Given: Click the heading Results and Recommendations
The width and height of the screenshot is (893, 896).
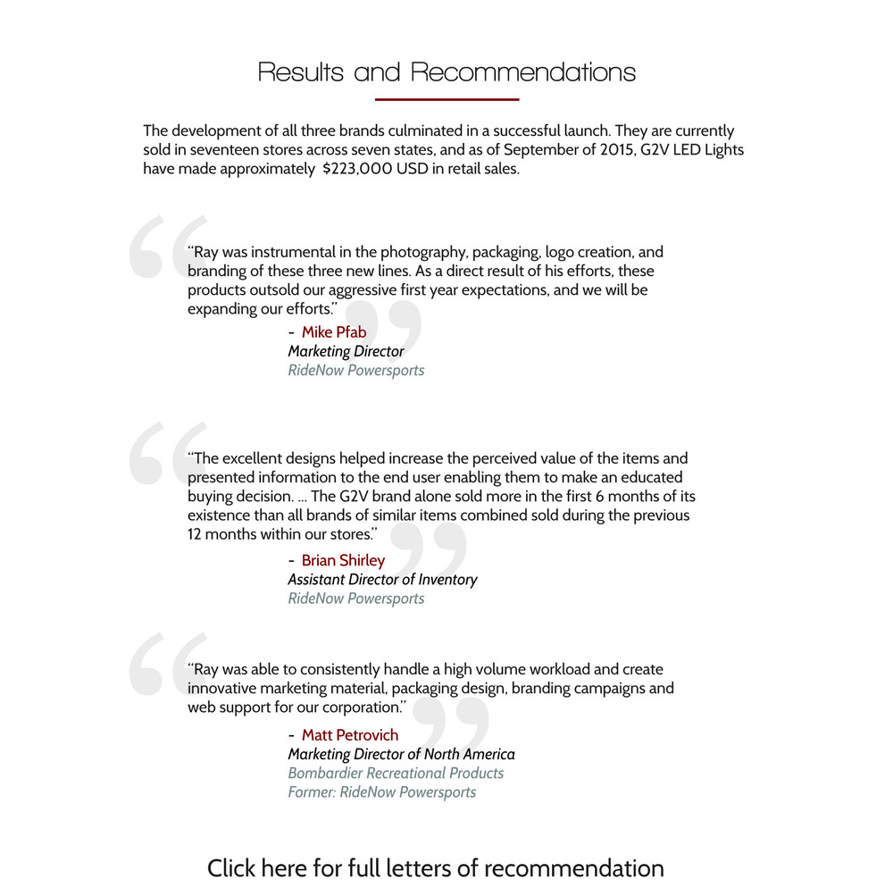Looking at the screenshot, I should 446,71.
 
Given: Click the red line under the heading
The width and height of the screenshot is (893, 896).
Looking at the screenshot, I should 446,99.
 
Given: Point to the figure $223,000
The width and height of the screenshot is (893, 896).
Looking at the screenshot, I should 357,169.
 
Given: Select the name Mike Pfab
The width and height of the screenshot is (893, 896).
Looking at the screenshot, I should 334,332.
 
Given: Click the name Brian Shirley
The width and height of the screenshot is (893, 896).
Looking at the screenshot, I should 343,560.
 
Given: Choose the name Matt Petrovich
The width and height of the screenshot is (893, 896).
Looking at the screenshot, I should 350,735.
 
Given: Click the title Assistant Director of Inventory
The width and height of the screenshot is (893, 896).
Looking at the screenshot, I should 382,580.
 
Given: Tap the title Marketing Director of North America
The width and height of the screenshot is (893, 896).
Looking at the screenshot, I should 401,754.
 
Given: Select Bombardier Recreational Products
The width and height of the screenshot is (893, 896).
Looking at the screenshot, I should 396,774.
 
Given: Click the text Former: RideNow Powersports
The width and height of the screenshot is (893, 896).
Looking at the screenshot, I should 381,792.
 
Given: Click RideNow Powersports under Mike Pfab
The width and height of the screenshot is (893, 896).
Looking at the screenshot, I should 355,370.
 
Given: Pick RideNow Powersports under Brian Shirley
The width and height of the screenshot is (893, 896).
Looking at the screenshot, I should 355,599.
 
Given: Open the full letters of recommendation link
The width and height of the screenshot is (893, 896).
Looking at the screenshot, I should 436,868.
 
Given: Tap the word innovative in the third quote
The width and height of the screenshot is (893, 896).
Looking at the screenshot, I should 223,688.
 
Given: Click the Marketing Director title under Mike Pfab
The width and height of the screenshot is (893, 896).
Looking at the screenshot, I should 346,351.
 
